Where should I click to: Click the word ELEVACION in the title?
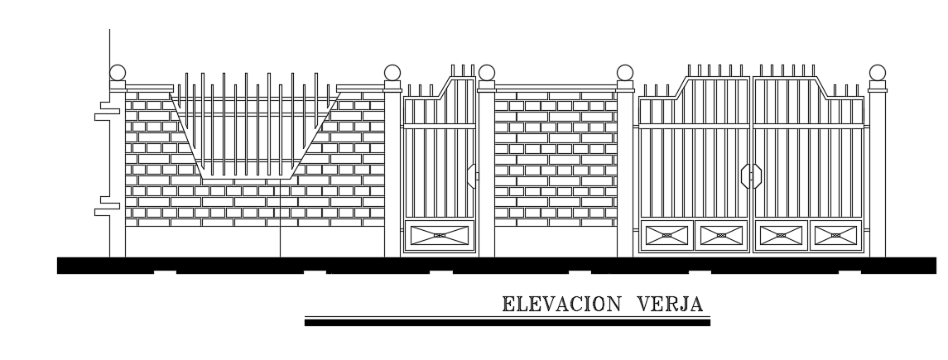(x=561, y=304)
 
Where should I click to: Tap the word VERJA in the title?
(x=670, y=304)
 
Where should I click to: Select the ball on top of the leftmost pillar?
(x=118, y=72)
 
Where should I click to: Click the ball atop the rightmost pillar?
(x=877, y=72)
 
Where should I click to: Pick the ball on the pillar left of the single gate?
(x=392, y=73)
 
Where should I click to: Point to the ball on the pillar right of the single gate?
(x=487, y=73)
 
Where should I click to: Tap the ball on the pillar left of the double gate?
(x=625, y=73)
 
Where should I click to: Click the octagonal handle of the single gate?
(x=472, y=176)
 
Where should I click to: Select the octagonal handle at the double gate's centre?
(x=750, y=176)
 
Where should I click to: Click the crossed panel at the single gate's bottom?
(x=440, y=235)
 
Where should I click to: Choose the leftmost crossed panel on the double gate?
(x=666, y=235)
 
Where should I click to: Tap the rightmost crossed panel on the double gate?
(x=835, y=235)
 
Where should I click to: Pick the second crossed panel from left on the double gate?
(x=721, y=235)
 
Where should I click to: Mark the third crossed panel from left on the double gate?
(x=780, y=235)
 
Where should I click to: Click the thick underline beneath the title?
(x=507, y=323)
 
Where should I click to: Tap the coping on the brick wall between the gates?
(x=556, y=87)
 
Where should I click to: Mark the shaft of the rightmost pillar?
(x=877, y=174)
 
